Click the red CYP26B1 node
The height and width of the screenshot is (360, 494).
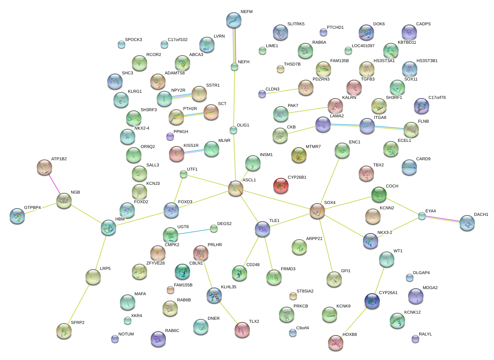point(281,186)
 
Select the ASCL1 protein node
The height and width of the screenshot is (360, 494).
point(235,189)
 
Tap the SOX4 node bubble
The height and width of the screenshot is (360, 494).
point(317,211)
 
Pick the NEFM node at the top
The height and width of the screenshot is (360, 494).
point(234,20)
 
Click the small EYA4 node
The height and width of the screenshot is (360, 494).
point(422,216)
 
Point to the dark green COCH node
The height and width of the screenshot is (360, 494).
point(379,195)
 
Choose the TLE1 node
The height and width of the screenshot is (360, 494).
point(263,229)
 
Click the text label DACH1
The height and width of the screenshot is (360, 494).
point(481,215)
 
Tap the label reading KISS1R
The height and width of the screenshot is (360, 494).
point(191,146)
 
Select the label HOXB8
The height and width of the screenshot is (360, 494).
point(350,335)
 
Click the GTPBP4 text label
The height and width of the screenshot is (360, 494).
point(32,208)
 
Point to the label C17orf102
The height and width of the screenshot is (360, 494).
point(177,40)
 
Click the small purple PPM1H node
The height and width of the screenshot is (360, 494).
point(170,136)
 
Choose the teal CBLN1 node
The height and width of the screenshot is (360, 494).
point(182,271)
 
